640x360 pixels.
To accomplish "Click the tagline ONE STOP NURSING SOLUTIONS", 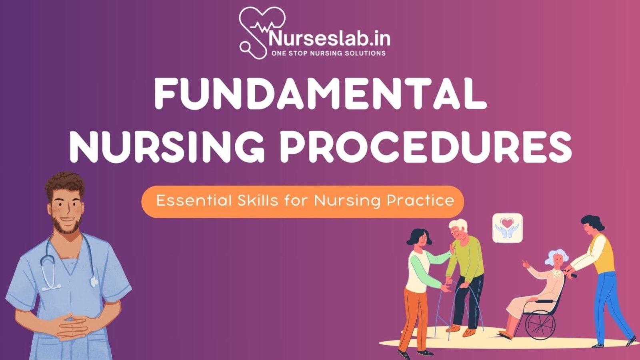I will click(328, 53).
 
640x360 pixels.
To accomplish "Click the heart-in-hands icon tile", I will click(507, 228).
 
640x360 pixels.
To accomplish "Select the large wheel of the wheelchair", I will click(540, 324).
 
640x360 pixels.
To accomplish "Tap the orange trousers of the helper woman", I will click(412, 316).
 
